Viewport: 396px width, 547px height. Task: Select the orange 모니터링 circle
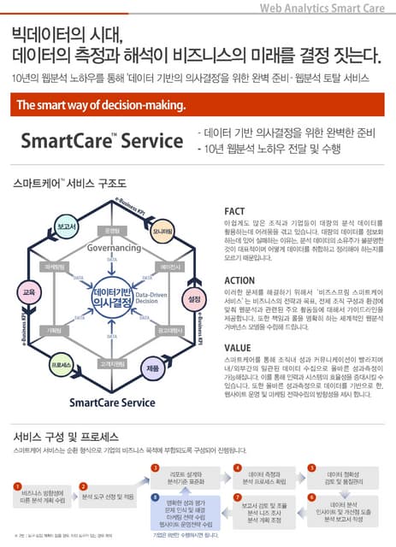[x=163, y=232]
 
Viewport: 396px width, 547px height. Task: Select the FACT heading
[x=235, y=211]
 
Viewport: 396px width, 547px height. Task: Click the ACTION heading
[x=240, y=279]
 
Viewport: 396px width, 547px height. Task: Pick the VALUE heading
[x=238, y=348]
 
